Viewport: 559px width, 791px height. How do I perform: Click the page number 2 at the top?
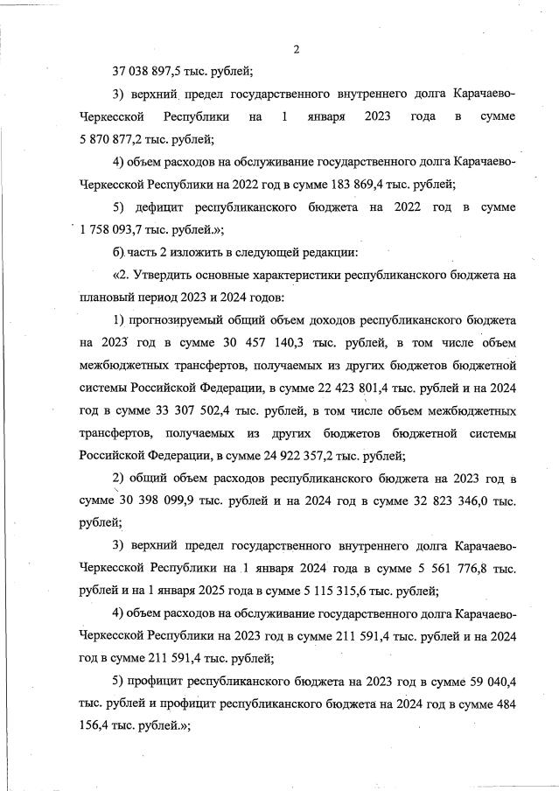click(x=297, y=49)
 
